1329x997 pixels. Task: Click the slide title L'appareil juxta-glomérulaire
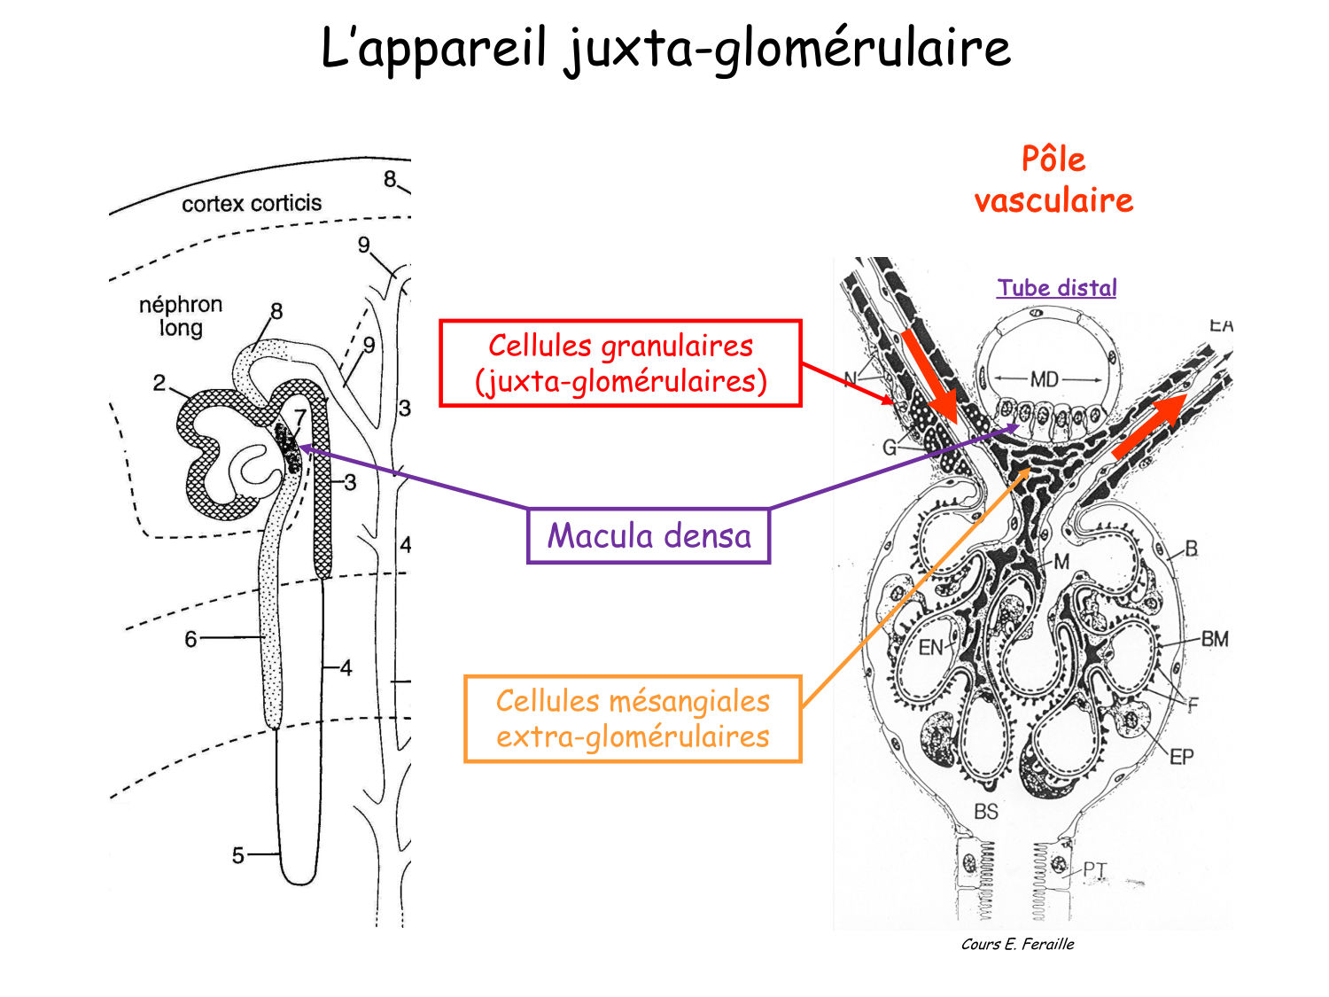(x=664, y=48)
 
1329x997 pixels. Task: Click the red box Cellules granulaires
(x=620, y=363)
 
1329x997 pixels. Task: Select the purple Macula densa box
(x=649, y=536)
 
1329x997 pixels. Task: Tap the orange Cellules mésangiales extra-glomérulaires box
(x=633, y=719)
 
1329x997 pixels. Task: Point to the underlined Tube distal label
(x=1056, y=288)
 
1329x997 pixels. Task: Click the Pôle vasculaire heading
(x=1053, y=180)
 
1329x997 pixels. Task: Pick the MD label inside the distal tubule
(x=1045, y=379)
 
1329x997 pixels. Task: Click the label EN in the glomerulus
(x=930, y=648)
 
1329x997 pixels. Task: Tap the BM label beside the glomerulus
(x=1215, y=638)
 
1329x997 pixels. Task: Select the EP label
(x=1181, y=757)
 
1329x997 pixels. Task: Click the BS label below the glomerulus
(x=985, y=811)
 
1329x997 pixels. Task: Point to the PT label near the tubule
(x=1095, y=869)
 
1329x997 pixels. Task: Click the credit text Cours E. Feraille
(x=1017, y=945)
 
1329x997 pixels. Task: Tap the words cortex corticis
(x=252, y=204)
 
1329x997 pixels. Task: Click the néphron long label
(x=181, y=316)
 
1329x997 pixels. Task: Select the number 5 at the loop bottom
(x=237, y=855)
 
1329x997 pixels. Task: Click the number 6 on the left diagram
(x=190, y=639)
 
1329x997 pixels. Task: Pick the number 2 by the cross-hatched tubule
(x=159, y=383)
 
